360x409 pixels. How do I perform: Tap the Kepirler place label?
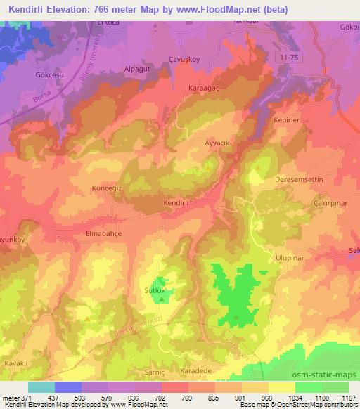[x=287, y=120]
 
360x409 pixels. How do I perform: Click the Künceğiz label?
[x=108, y=189]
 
